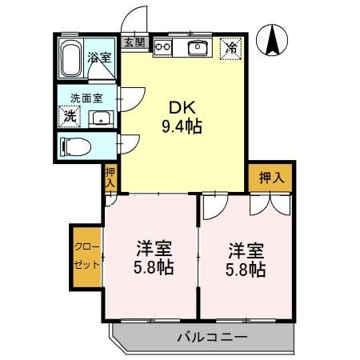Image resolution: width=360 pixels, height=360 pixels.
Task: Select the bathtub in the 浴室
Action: point(70,57)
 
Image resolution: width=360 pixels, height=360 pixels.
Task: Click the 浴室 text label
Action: point(99,59)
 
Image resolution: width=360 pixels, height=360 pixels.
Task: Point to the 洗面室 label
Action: point(86,99)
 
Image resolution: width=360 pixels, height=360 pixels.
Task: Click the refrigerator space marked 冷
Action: point(230,48)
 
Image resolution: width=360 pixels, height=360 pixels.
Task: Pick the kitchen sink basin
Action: point(197,49)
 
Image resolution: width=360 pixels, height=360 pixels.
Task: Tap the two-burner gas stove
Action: point(163,47)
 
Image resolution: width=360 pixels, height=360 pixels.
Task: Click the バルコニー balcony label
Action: point(211,336)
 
